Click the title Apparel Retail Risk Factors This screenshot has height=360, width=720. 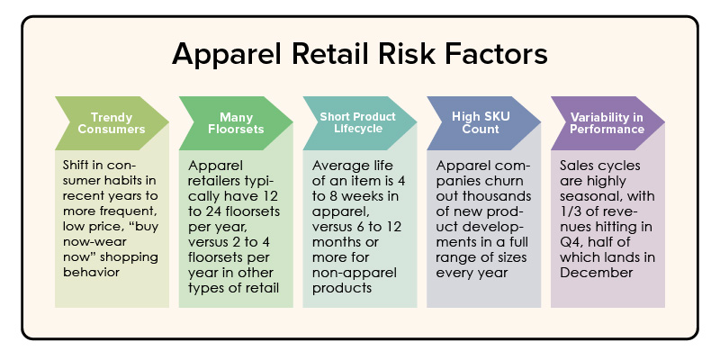point(360,54)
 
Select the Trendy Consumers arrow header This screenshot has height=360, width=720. point(112,122)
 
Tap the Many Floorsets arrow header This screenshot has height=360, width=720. point(236,122)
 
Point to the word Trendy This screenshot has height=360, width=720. point(112,116)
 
